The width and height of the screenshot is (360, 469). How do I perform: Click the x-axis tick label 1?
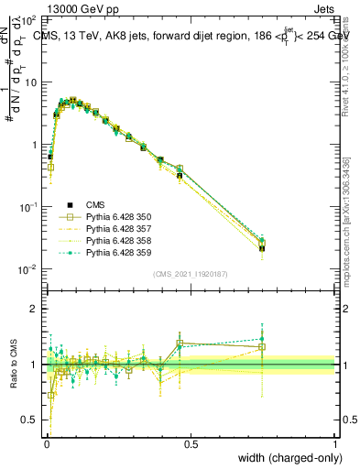pyautogui.click(x=335, y=443)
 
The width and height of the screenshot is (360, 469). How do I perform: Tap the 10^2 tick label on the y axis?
pyautogui.click(x=28, y=19)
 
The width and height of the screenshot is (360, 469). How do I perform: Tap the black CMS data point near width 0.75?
pyautogui.click(x=262, y=247)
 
